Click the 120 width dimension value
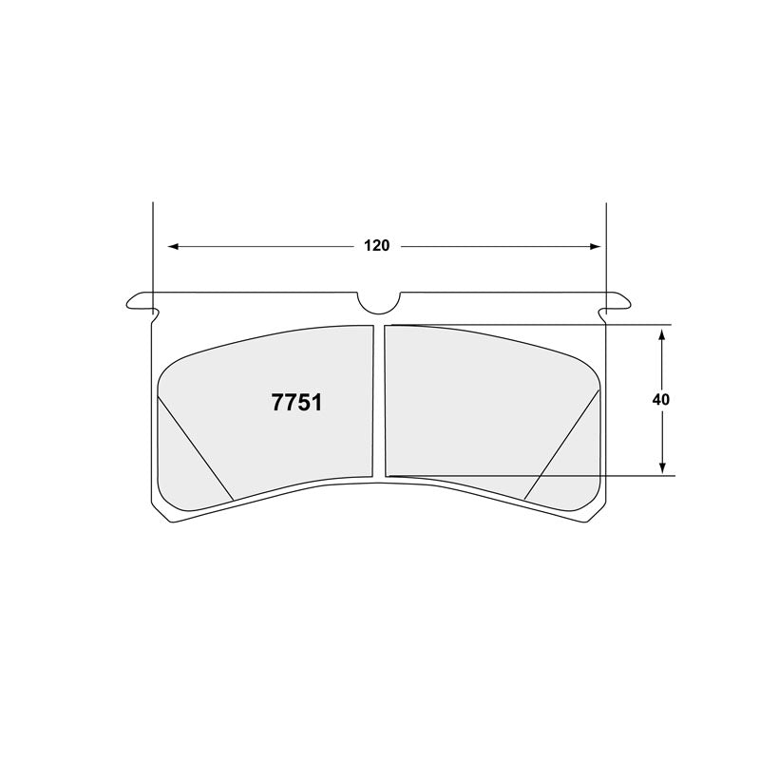point(376,246)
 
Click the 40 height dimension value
point(661,400)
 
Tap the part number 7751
point(296,402)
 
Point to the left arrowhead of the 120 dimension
point(173,246)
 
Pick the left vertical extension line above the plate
point(152,247)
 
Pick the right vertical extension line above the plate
point(605,247)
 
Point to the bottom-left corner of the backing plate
point(161,514)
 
